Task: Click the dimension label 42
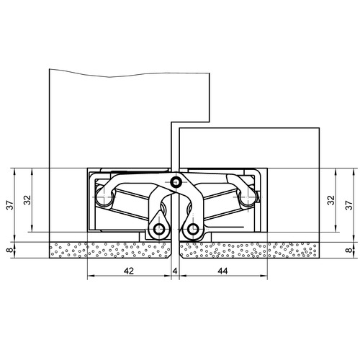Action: [x=129, y=271]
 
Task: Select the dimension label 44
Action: [x=222, y=271]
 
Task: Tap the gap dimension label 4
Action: [x=175, y=271]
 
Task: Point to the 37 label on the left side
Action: [x=10, y=205]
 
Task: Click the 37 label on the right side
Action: [x=349, y=205]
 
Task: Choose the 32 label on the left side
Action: [x=28, y=200]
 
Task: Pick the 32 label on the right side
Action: [x=331, y=200]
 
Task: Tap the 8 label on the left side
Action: [x=10, y=250]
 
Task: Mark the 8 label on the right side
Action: [x=349, y=250]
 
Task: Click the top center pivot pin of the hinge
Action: [x=176, y=183]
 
